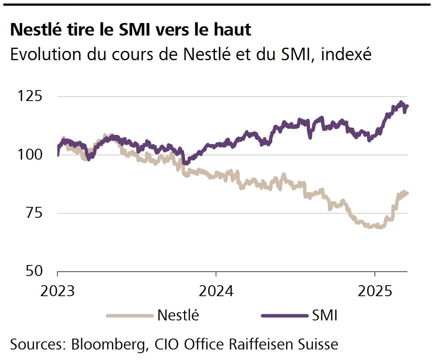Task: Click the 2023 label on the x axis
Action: tap(57, 291)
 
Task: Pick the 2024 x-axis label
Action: tap(216, 291)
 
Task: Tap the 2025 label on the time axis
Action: tap(375, 291)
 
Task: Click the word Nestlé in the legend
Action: tap(178, 315)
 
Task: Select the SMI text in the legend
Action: tap(324, 315)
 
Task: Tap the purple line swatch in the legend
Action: tap(283, 316)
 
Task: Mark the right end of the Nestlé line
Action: tap(407, 193)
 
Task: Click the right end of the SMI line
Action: tap(407, 106)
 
